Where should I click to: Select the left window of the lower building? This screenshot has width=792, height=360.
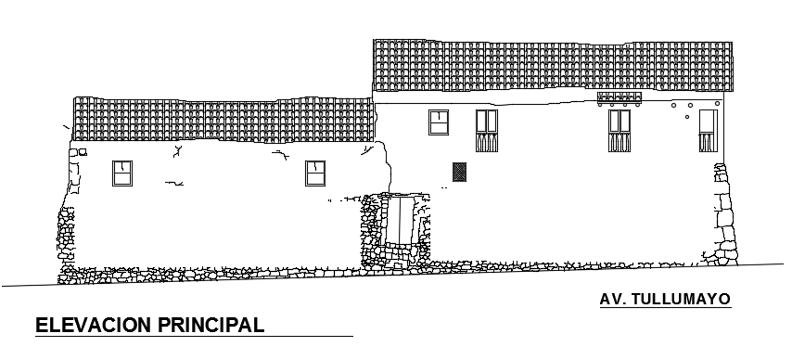122,173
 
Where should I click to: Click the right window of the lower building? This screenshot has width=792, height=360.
316,173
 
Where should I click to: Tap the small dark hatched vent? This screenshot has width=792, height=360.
458,171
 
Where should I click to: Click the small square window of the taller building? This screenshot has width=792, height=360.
438,122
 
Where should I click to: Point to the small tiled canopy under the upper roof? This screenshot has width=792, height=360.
619,97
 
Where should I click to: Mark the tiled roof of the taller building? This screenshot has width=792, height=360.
551,65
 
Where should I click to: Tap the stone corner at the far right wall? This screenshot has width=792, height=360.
723,213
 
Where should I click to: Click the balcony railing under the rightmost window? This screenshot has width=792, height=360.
708,143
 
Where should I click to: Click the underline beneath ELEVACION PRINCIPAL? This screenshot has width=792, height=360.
195,335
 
